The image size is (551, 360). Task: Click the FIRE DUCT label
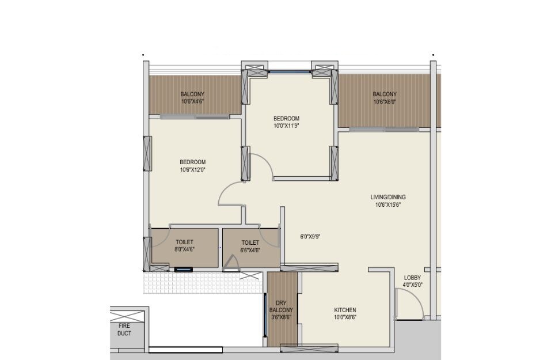pos(124,329)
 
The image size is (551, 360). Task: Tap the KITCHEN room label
pos(345,310)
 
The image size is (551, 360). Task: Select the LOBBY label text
pos(412,277)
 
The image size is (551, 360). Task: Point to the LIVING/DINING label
pos(385,197)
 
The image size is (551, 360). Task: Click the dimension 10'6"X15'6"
pos(385,204)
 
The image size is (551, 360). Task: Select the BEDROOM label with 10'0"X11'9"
pos(286,119)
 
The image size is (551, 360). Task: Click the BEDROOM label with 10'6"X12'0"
pos(192,162)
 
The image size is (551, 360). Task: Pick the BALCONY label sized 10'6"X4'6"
pos(192,94)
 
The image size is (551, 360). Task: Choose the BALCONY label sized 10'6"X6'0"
pos(385,94)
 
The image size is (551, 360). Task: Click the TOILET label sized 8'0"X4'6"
pos(184,242)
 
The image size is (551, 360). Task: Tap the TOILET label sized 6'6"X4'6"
pos(250,242)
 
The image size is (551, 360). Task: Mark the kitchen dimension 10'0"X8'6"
pos(345,317)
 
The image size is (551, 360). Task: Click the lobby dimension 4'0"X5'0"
pos(412,284)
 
